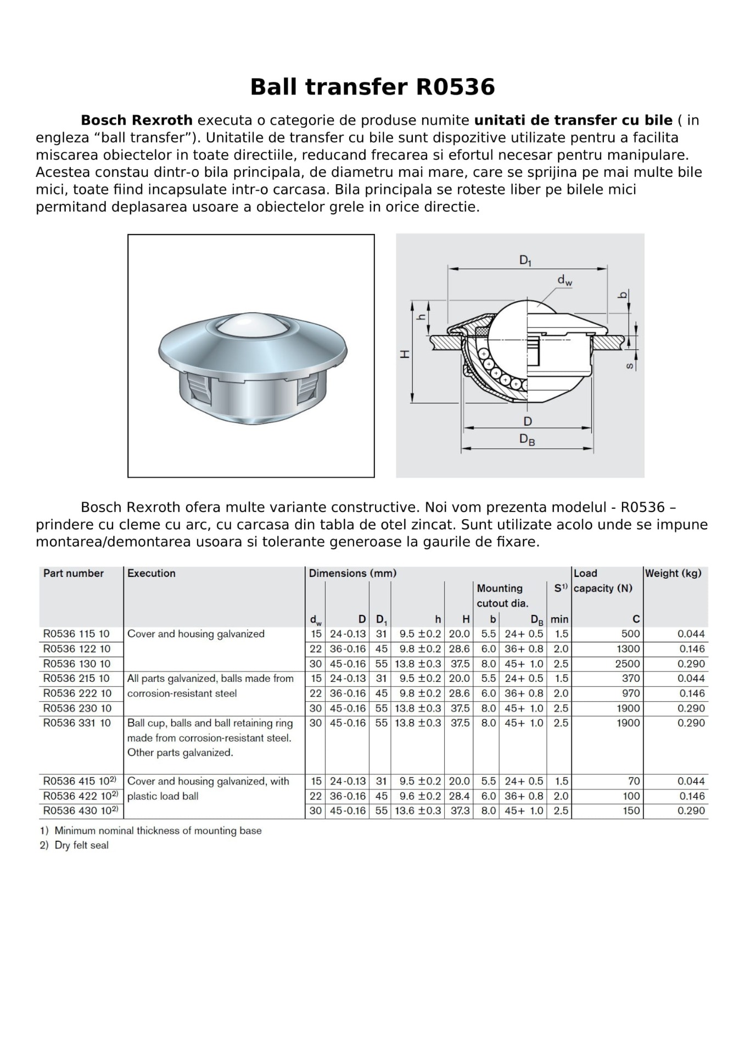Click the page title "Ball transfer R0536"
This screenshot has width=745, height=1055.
coord(372,87)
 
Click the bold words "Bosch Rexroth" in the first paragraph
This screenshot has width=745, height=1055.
coord(137,120)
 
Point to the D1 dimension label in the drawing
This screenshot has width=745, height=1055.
coord(525,260)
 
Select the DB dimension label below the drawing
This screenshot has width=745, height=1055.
coord(527,440)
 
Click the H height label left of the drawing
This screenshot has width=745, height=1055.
coord(405,354)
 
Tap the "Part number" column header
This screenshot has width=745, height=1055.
coord(74,573)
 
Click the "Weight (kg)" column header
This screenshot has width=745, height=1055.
coord(673,573)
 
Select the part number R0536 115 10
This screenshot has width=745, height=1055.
coord(77,634)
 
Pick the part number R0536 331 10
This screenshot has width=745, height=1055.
coord(77,723)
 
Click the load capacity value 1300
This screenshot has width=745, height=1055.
coord(628,648)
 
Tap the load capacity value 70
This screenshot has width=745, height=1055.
coord(634,781)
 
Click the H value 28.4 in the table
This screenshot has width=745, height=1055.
coord(460,796)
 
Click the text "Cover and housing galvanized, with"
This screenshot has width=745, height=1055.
coord(208,781)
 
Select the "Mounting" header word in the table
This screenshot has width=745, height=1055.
coord(500,588)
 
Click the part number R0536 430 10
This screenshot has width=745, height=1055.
coord(77,810)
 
